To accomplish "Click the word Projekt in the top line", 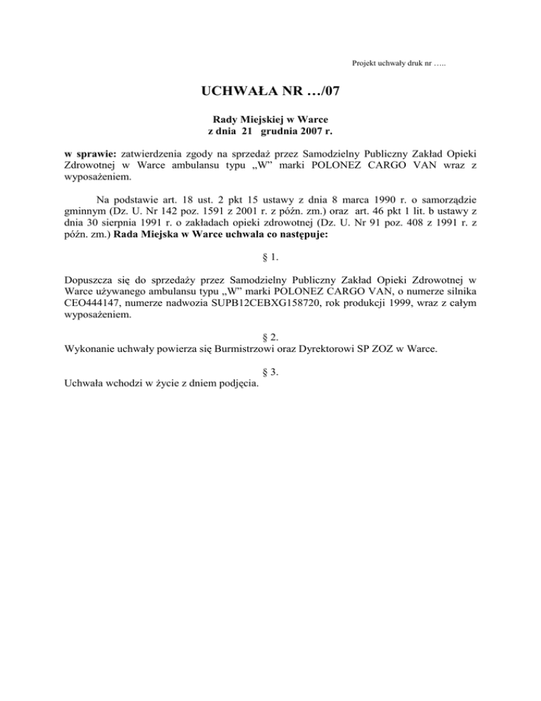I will (x=365, y=64).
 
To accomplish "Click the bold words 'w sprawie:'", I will (x=91, y=153).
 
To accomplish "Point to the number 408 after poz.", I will (x=413, y=222).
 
